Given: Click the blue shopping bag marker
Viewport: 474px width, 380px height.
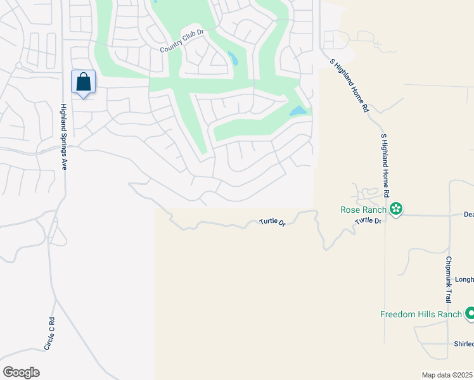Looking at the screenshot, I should pyautogui.click(x=83, y=82).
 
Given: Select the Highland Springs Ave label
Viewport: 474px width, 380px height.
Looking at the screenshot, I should pyautogui.click(x=63, y=137).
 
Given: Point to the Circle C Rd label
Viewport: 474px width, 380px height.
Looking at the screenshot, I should pyautogui.click(x=49, y=334).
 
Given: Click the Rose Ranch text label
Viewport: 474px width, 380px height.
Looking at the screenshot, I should pyautogui.click(x=364, y=209).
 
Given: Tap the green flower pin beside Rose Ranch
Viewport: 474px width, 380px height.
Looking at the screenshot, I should pyautogui.click(x=397, y=209).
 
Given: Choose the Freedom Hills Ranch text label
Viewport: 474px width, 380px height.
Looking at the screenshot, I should pyautogui.click(x=420, y=314).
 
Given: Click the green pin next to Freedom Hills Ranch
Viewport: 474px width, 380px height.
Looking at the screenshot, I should pyautogui.click(x=470, y=313).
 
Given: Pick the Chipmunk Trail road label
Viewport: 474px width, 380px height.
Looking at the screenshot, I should pyautogui.click(x=449, y=279).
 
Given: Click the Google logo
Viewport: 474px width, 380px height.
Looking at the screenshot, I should pyautogui.click(x=21, y=372).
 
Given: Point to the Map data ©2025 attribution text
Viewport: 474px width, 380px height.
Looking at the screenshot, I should pyautogui.click(x=447, y=375).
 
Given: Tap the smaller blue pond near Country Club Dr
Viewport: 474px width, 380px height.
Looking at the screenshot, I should pyautogui.click(x=233, y=59).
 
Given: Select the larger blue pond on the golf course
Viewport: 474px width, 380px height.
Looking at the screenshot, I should pyautogui.click(x=297, y=111).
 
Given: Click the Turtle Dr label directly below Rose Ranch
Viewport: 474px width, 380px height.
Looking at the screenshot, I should pyautogui.click(x=368, y=221).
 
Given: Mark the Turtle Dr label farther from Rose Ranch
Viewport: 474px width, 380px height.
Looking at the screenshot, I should pyautogui.click(x=272, y=223).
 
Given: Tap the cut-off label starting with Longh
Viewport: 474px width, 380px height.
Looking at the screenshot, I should pyautogui.click(x=464, y=279).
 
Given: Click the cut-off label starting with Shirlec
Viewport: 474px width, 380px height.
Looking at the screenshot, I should pyautogui.click(x=463, y=344).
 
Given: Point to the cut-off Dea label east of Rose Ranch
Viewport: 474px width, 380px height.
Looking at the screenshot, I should pyautogui.click(x=468, y=215).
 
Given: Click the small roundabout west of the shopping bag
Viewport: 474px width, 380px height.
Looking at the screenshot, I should pyautogui.click(x=20, y=66).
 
